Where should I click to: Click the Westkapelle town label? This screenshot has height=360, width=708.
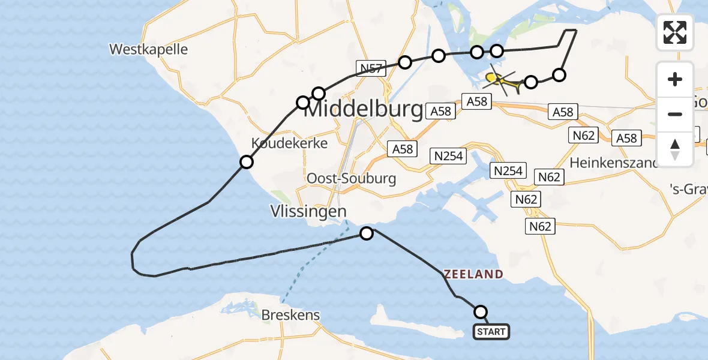149,49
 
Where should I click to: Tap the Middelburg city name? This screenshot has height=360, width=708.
364,110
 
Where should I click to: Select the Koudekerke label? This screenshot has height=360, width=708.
290,143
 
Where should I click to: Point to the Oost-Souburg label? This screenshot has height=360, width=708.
351,179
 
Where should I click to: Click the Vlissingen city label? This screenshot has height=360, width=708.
308,211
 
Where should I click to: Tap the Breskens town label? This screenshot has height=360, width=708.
290,315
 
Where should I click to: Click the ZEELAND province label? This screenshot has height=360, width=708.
473,274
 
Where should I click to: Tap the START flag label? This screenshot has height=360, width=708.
492,332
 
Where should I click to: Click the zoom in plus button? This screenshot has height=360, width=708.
675,79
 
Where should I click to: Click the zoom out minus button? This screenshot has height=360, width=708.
675,114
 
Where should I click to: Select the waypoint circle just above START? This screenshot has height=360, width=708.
481,312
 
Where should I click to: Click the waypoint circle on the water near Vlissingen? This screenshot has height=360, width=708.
366,233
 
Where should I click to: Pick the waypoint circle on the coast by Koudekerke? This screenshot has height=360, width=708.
246,162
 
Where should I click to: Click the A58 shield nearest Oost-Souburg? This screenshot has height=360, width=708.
403,148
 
